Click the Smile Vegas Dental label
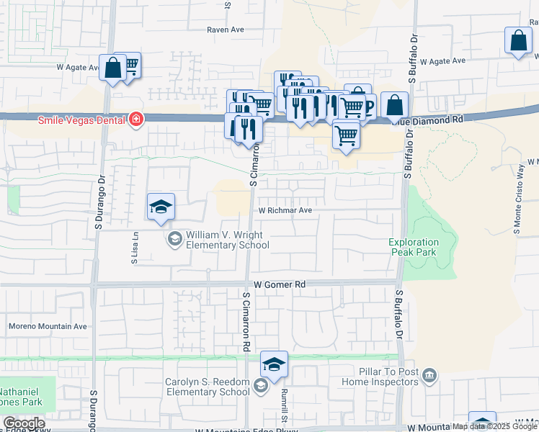(82, 119)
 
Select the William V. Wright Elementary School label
(228, 240)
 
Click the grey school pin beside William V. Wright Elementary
(175, 239)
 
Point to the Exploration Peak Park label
(414, 247)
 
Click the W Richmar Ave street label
(286, 211)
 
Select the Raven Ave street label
(226, 30)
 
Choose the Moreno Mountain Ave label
(48, 326)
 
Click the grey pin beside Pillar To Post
(430, 374)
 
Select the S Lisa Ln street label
(135, 248)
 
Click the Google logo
(24, 423)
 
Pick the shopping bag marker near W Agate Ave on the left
(113, 69)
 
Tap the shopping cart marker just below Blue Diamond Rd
(347, 135)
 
